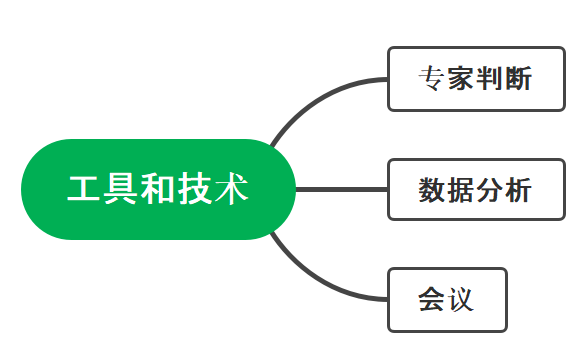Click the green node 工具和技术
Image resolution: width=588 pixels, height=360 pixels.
point(158,189)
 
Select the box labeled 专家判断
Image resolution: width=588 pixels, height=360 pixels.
point(475,79)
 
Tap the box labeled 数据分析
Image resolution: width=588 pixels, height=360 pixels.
point(475,189)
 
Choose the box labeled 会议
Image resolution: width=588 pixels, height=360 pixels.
point(447,299)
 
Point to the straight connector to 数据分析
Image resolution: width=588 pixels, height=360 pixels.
point(340,189)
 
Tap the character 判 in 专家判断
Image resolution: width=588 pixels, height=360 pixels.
point(490,79)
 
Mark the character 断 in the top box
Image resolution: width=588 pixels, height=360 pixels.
point(519,79)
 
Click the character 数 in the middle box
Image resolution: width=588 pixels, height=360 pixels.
point(432,189)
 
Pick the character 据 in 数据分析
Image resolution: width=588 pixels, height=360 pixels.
point(461,189)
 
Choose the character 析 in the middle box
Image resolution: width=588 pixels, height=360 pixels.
point(519,189)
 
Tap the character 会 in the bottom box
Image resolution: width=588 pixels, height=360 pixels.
point(432,299)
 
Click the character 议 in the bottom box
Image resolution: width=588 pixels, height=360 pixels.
point(461,299)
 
